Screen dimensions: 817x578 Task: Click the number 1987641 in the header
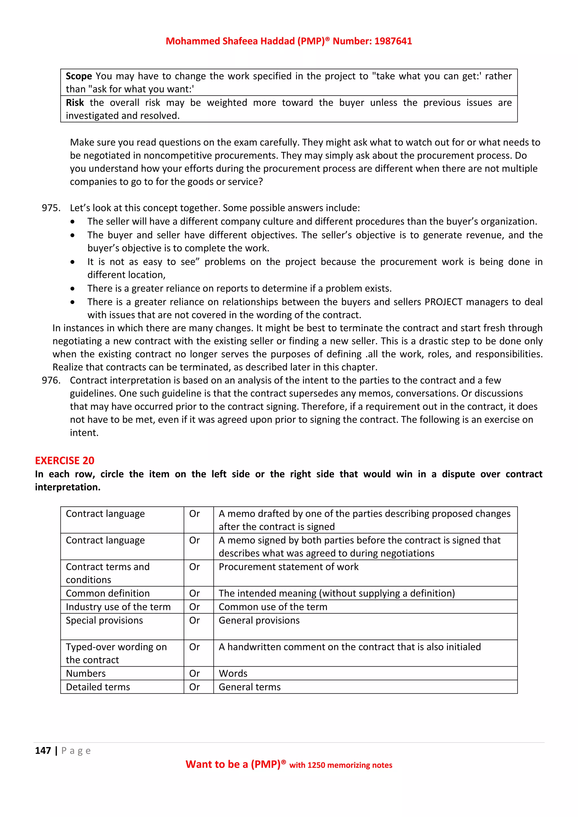coord(393,41)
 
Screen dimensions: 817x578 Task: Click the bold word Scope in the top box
coord(79,76)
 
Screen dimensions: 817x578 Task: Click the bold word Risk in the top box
coord(75,103)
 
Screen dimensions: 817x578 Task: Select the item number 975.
coord(51,208)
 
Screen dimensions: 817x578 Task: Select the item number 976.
coord(51,380)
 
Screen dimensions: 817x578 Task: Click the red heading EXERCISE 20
coord(64,460)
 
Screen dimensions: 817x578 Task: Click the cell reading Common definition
coord(108,593)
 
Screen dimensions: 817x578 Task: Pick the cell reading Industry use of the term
coord(118,607)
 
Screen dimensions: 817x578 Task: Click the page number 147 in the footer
coord(43,751)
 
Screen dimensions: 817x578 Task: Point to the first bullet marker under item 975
coord(73,222)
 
